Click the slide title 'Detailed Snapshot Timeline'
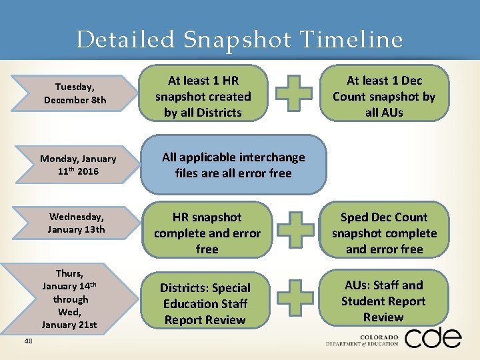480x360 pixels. click(239, 40)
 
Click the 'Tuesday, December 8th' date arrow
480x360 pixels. click(75, 93)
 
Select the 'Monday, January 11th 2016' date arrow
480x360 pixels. click(77, 165)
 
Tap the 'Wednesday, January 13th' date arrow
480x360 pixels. click(76, 223)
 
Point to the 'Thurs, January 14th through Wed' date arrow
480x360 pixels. click(69, 299)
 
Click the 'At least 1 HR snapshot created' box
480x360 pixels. click(203, 97)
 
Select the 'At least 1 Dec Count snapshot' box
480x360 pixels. click(384, 97)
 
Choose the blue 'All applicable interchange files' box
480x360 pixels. click(233, 165)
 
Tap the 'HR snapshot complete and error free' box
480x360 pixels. click(207, 233)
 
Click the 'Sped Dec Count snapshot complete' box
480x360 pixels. click(384, 233)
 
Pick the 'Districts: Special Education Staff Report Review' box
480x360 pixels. click(205, 303)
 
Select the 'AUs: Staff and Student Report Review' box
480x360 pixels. click(383, 301)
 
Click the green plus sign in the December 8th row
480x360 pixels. click(294, 93)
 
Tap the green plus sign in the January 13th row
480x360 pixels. click(295, 229)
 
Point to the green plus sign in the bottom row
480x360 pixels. click(294, 297)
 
